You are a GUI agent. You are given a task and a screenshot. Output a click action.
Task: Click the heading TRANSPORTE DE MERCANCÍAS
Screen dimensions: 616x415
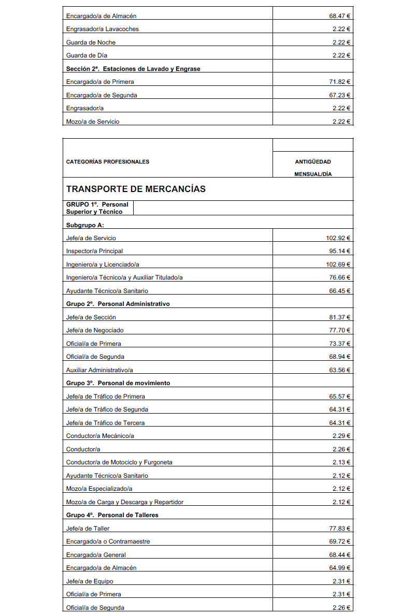click(x=136, y=189)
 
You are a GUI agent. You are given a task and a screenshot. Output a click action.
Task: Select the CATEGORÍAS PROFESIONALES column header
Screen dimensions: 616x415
click(x=108, y=162)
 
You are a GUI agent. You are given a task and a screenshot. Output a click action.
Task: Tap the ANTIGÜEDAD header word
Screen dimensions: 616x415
click(x=313, y=162)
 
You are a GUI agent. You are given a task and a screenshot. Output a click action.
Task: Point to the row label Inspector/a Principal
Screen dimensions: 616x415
click(x=94, y=251)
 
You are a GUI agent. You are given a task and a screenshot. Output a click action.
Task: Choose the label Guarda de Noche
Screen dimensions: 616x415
click(x=91, y=42)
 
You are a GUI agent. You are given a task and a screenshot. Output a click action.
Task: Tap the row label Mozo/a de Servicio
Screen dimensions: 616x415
click(x=93, y=122)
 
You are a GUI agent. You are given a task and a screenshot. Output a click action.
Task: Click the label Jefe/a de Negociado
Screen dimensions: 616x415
click(x=95, y=330)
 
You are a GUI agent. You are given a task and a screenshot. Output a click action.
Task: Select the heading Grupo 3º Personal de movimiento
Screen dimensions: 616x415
click(x=118, y=383)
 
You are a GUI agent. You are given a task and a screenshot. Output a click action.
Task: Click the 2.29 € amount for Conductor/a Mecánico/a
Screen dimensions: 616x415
click(x=341, y=436)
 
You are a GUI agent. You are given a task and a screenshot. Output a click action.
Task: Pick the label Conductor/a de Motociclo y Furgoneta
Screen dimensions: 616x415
click(x=119, y=462)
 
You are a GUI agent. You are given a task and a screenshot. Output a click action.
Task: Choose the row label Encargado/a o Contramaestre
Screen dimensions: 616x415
click(x=108, y=541)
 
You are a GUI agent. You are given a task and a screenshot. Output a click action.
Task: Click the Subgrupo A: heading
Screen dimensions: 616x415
click(x=85, y=225)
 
